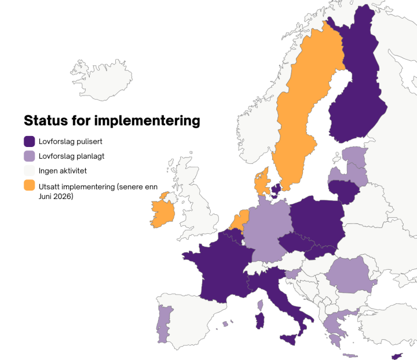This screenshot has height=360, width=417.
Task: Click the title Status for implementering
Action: [x=112, y=121]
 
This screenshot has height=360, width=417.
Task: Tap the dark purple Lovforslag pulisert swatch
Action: [x=30, y=141]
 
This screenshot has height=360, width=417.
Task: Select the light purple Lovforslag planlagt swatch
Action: [x=30, y=156]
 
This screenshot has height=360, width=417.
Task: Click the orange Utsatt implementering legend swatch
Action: [x=30, y=186]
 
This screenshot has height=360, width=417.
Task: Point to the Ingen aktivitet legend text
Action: [x=63, y=171]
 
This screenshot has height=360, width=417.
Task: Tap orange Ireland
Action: [x=163, y=211]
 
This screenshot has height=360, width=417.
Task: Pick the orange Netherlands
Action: [x=237, y=220]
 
